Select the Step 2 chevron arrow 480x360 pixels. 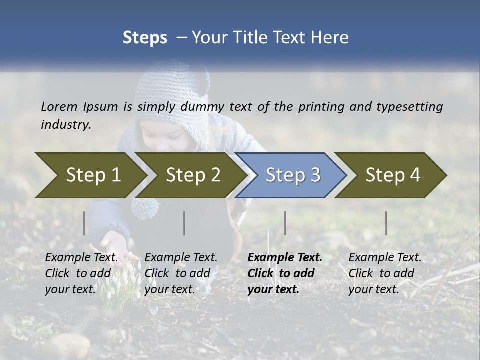click(x=192, y=175)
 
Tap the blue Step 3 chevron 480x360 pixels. click(x=292, y=175)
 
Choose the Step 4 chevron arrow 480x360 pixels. click(x=392, y=175)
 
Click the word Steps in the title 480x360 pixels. click(x=145, y=38)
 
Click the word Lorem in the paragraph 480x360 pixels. click(x=59, y=106)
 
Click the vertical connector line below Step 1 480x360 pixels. click(x=84, y=223)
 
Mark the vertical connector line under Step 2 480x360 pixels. click(x=184, y=223)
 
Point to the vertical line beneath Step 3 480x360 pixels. click(x=285, y=223)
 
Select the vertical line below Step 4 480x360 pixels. click(x=386, y=223)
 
